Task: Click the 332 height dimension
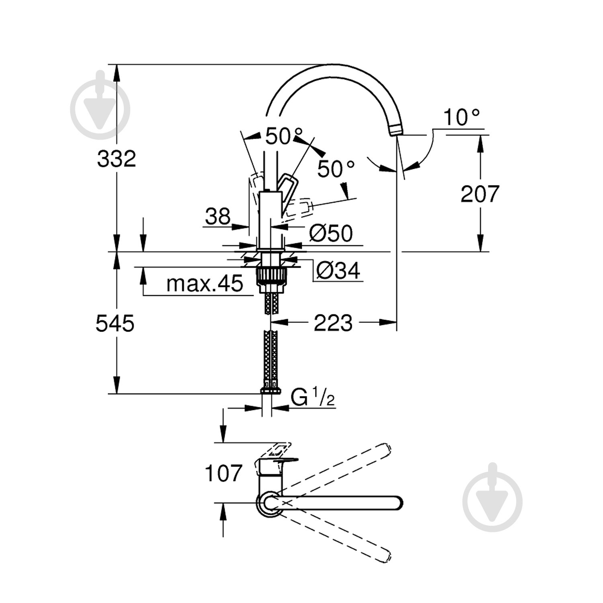coord(117,159)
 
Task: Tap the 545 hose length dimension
coord(115,323)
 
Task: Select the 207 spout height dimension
coord(480,194)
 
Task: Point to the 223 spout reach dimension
coord(333,322)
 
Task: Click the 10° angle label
coord(461,118)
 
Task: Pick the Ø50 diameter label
coord(330,233)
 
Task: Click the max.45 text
coord(205,284)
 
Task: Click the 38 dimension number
coord(218,217)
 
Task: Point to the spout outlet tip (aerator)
coord(395,130)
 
